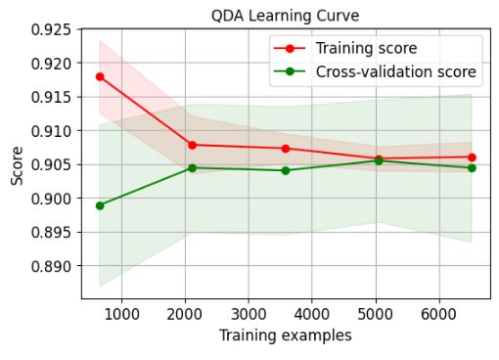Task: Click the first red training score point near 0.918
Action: tap(100, 76)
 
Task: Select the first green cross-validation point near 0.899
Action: tap(100, 205)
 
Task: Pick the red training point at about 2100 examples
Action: tap(192, 145)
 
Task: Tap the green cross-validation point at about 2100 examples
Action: tap(192, 168)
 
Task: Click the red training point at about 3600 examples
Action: tap(286, 149)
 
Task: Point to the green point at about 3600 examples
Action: tap(286, 170)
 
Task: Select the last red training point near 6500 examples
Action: tap(472, 157)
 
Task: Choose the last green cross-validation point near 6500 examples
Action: tap(472, 168)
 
